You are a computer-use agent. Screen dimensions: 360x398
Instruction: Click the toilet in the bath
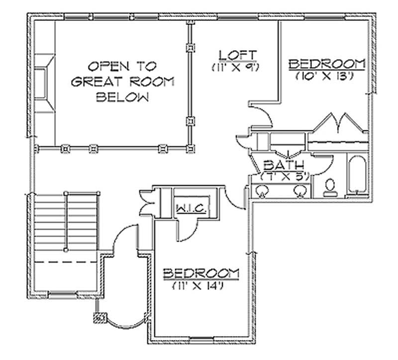330,186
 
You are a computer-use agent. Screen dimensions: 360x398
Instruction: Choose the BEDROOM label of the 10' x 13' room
327,64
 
